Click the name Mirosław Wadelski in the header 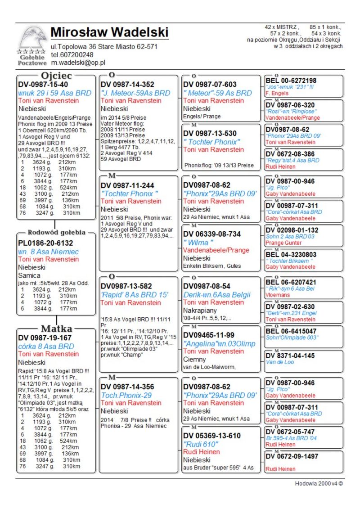click(x=109, y=32)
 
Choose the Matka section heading click(x=56, y=328)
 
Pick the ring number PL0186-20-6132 click(x=45, y=243)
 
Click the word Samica click(x=30, y=275)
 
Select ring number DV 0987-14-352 click(x=127, y=85)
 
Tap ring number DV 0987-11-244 click(x=127, y=185)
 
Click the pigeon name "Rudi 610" click(x=201, y=444)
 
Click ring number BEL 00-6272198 click(x=291, y=81)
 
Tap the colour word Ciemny click(x=194, y=360)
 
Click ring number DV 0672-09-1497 click(x=292, y=456)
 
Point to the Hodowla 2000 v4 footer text click(x=319, y=483)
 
